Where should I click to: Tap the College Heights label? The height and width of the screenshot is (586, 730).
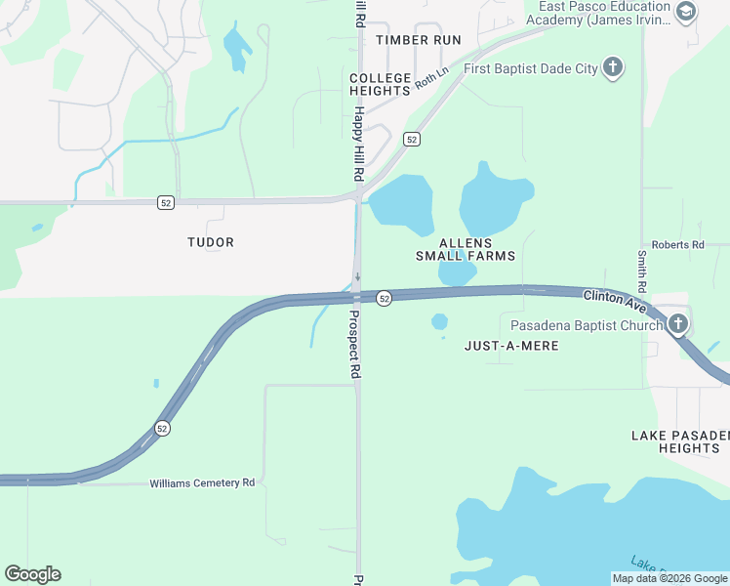(380, 84)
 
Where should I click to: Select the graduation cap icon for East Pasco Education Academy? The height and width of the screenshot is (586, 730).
(686, 12)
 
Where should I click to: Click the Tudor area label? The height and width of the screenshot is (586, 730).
(211, 242)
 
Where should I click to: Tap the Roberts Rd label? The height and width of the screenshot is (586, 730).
(677, 245)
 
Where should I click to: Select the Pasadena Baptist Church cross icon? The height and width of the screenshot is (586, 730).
(679, 324)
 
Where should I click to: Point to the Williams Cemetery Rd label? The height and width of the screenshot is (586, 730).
(202, 483)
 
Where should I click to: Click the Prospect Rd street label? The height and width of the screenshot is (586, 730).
(355, 346)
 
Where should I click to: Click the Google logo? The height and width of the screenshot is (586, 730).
(32, 574)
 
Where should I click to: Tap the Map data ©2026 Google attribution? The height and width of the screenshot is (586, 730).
(669, 578)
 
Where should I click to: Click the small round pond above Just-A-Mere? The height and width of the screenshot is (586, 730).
(439, 321)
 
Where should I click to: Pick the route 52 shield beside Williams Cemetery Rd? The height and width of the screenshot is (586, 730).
(162, 428)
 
